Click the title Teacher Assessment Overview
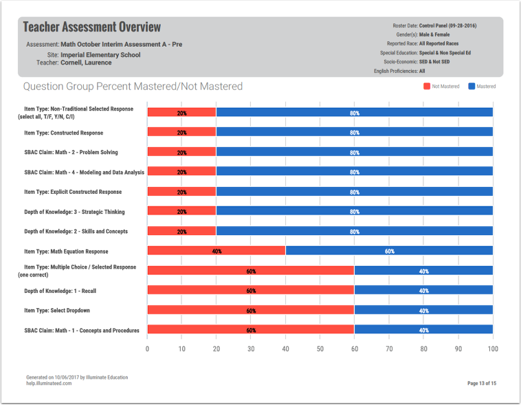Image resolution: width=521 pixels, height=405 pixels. (92, 28)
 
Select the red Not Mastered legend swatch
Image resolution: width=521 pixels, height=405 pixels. (426, 86)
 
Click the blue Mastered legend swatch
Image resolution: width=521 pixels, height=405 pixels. (472, 86)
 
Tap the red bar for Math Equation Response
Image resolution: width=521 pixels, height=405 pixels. (217, 251)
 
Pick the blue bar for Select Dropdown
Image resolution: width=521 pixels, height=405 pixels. (423, 311)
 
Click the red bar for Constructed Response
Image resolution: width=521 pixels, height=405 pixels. (181, 132)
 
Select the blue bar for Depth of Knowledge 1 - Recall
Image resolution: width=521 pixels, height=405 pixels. (423, 291)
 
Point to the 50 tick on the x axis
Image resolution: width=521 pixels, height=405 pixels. (320, 349)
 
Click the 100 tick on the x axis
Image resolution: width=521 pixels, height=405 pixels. (492, 349)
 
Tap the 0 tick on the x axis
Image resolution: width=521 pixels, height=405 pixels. (148, 349)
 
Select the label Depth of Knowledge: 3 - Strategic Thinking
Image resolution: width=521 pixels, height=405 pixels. (74, 212)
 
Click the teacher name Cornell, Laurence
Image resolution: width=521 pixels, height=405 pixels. (86, 63)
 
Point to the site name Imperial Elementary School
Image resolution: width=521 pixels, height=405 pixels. (100, 54)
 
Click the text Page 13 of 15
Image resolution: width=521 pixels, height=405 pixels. (481, 383)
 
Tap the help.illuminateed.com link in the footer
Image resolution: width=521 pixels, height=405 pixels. (49, 383)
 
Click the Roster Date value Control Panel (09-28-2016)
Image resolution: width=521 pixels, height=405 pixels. (447, 26)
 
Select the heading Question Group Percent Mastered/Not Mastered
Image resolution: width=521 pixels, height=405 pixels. (133, 87)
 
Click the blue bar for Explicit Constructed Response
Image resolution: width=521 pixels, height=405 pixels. (355, 192)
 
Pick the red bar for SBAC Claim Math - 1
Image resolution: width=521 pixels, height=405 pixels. (251, 331)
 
